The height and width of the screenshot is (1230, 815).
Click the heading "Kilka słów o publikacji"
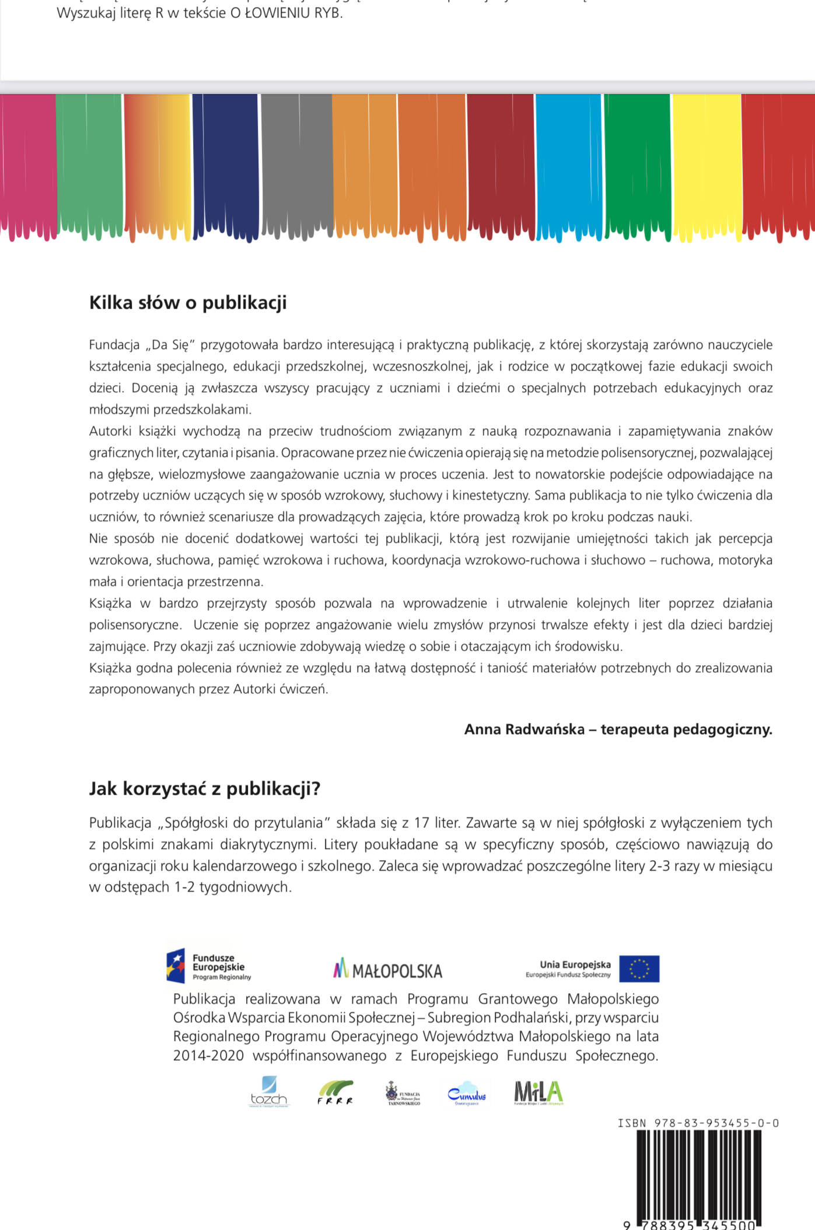(x=188, y=303)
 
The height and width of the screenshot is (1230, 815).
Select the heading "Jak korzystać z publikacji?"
(x=205, y=789)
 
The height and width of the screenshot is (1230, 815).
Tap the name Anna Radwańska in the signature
(x=524, y=729)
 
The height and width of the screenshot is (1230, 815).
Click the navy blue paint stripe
(x=225, y=163)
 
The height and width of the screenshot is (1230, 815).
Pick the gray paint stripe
(x=297, y=163)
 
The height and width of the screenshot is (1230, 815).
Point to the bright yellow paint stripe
(x=706, y=163)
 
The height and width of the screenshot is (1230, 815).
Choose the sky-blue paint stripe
(x=568, y=163)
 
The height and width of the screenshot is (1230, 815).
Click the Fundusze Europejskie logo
(x=209, y=967)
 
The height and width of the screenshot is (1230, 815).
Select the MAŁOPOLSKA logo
(x=388, y=970)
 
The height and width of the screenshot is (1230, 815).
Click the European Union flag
(x=639, y=969)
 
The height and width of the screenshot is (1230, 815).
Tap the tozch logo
(x=268, y=1092)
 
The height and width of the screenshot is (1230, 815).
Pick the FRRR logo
(x=335, y=1092)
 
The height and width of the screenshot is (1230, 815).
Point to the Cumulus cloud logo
(x=467, y=1093)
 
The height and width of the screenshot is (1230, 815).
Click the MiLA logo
(x=538, y=1092)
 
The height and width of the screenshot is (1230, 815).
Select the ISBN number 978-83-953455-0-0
(x=716, y=1123)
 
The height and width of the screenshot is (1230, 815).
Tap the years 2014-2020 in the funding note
(x=208, y=1056)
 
